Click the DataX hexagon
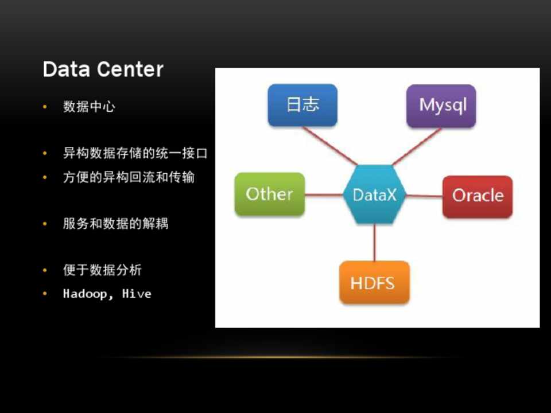375,194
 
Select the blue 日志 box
302,105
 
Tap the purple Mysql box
441,106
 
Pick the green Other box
270,194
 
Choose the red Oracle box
478,196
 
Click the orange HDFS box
375,282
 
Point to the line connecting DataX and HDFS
375,242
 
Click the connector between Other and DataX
324,194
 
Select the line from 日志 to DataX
331,146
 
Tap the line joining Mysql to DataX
417,146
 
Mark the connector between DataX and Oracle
425,196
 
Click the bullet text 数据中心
90,107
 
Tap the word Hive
137,294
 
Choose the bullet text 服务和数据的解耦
116,223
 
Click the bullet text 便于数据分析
103,270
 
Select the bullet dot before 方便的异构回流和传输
45,177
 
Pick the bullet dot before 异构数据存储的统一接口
45,153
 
